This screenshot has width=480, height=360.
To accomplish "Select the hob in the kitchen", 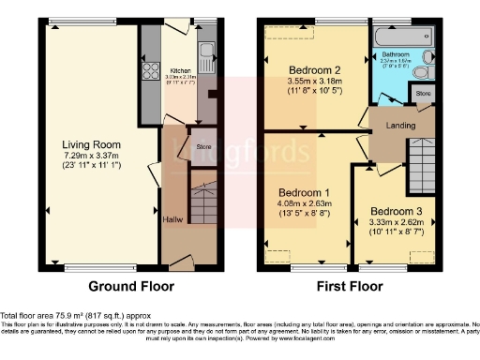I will [149, 71].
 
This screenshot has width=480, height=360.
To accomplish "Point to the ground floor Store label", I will [204, 147].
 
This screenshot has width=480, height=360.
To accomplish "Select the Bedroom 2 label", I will [313, 69].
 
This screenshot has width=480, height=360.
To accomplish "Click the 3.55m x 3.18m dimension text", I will [313, 81].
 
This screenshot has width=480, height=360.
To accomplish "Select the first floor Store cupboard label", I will [424, 94].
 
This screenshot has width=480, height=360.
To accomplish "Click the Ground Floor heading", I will [127, 286].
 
